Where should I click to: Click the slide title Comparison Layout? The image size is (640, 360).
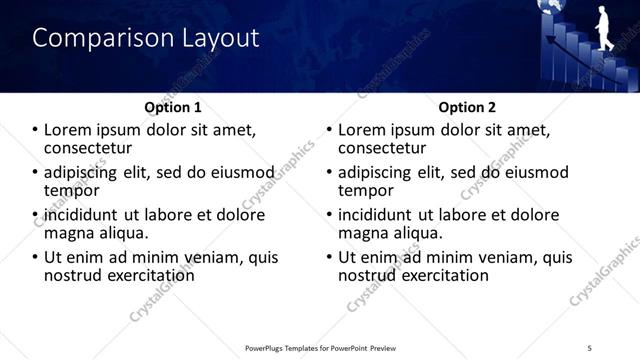tap(146, 38)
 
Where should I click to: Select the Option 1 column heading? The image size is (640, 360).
tap(173, 107)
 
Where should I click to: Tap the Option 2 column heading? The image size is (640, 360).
tap(467, 107)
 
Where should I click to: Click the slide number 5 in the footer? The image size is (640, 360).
tap(590, 348)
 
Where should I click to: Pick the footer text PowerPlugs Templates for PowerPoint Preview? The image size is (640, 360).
tap(320, 348)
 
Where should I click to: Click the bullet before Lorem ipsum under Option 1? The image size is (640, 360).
tap(35, 130)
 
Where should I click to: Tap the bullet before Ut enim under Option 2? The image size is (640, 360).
tap(329, 257)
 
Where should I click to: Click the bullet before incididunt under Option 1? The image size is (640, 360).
tap(35, 215)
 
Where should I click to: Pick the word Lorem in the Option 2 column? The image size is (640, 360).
tap(361, 130)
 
